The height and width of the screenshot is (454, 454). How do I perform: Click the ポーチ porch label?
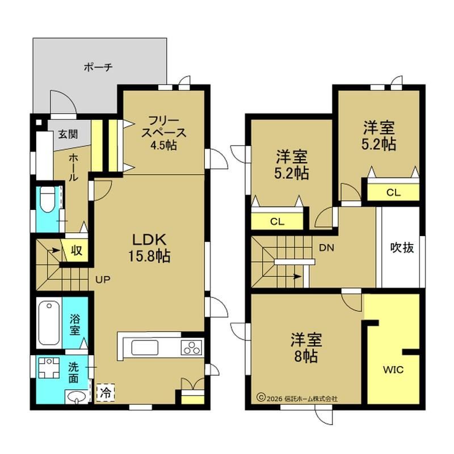(98, 68)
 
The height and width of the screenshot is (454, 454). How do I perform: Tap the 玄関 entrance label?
(68, 134)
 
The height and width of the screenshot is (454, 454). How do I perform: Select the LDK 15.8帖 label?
(149, 247)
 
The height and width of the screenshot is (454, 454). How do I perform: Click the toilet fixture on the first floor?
(48, 200)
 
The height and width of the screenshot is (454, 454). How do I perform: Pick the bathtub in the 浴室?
(49, 323)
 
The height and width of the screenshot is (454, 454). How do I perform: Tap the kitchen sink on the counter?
(145, 347)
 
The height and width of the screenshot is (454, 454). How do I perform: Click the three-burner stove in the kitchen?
(191, 347)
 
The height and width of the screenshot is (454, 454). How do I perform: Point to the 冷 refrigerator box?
(106, 393)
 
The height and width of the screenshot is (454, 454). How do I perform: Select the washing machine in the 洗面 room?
(49, 368)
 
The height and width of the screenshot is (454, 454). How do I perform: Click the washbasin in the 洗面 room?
(77, 396)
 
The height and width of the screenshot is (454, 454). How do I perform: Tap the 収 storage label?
(77, 250)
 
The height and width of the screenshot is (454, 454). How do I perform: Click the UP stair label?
(103, 279)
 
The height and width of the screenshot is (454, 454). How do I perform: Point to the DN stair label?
(326, 247)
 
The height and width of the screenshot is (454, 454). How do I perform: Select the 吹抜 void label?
(402, 247)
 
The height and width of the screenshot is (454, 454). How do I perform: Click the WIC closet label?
(393, 370)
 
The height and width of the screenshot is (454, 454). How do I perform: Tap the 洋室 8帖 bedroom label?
(306, 348)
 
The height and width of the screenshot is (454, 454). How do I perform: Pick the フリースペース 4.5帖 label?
(163, 133)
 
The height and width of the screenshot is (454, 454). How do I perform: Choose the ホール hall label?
(73, 167)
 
